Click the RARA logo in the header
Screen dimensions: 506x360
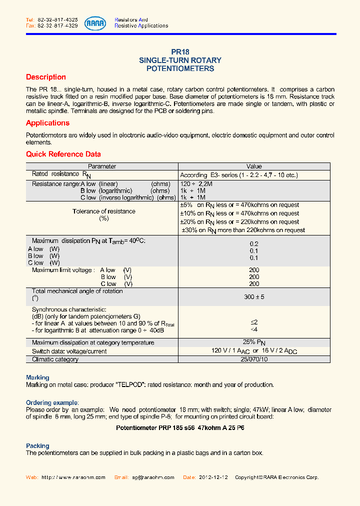click(95, 22)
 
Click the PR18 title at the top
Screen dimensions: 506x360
click(180, 51)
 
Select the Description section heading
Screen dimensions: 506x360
click(46, 77)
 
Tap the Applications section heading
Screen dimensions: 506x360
click(48, 123)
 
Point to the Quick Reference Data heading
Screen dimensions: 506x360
click(63, 154)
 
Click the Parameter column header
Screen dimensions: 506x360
click(102, 166)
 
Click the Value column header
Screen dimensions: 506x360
click(254, 166)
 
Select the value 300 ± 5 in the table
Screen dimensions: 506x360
click(254, 297)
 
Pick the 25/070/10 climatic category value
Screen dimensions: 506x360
click(254, 359)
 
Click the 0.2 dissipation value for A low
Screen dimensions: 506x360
click(254, 244)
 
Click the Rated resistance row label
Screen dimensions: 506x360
click(54, 174)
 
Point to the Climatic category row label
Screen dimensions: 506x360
click(55, 359)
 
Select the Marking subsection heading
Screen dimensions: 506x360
click(37, 377)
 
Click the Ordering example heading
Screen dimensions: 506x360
click(52, 402)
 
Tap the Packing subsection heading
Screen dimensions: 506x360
click(37, 445)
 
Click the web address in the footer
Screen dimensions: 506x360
click(73, 477)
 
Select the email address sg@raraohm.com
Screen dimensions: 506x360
click(153, 477)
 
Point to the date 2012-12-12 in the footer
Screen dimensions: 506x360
click(212, 477)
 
